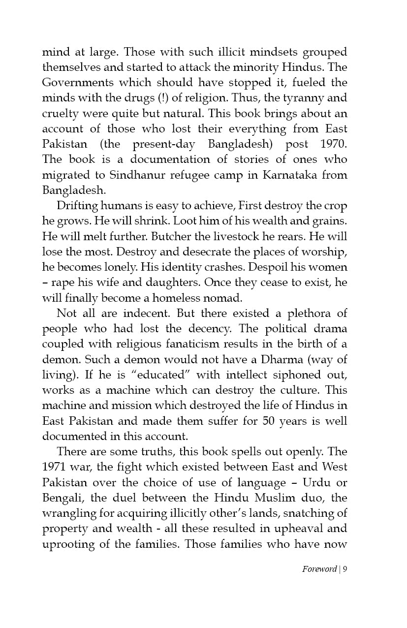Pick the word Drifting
tap(76, 206)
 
